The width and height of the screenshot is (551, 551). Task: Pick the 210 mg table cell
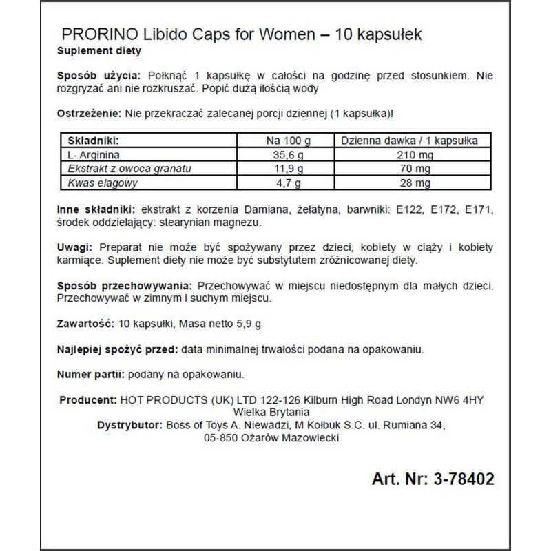(415, 155)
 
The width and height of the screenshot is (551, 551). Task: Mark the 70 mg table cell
(415, 169)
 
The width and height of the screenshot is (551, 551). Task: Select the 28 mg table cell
(415, 183)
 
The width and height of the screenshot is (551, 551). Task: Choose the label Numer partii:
(90, 375)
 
